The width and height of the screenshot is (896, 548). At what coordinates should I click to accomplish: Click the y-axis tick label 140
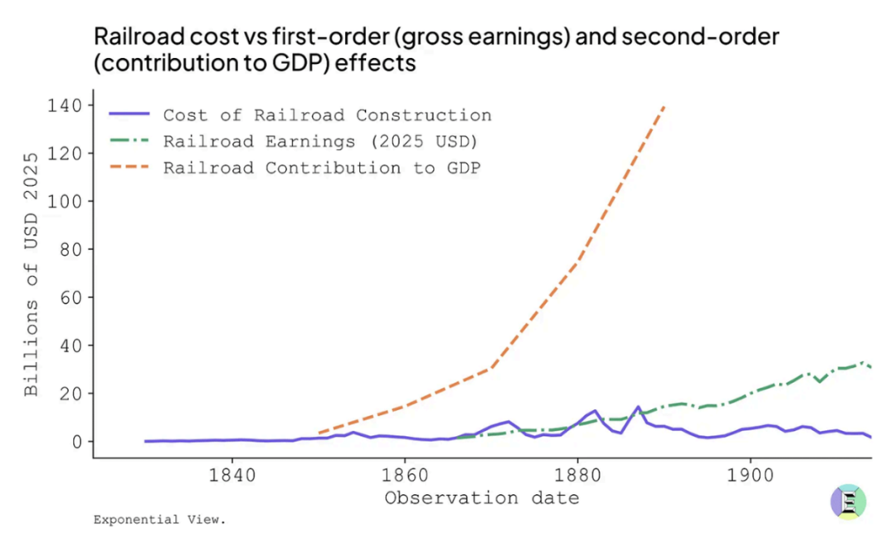64,105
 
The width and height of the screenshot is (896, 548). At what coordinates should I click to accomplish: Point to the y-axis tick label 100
64,202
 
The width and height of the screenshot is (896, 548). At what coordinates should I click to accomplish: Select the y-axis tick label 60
70,297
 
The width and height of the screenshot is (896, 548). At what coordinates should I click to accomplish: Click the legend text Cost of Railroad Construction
327,115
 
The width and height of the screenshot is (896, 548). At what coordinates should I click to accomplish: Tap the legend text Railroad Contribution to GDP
322,168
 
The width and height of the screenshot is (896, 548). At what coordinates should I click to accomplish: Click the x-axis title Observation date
481,498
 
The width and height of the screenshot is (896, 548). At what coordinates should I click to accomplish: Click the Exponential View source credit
159,521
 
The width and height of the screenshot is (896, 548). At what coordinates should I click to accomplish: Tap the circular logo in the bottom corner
848,502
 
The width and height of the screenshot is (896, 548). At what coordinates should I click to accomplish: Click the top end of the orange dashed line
664,106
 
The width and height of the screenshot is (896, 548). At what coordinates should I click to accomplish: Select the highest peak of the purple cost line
638,407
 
